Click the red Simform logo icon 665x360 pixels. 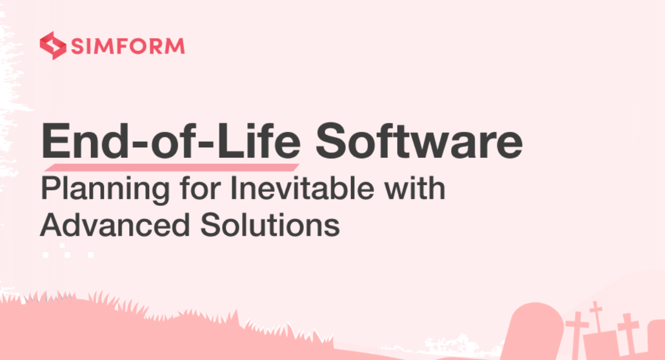(x=53, y=45)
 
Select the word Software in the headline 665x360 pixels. (x=419, y=142)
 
